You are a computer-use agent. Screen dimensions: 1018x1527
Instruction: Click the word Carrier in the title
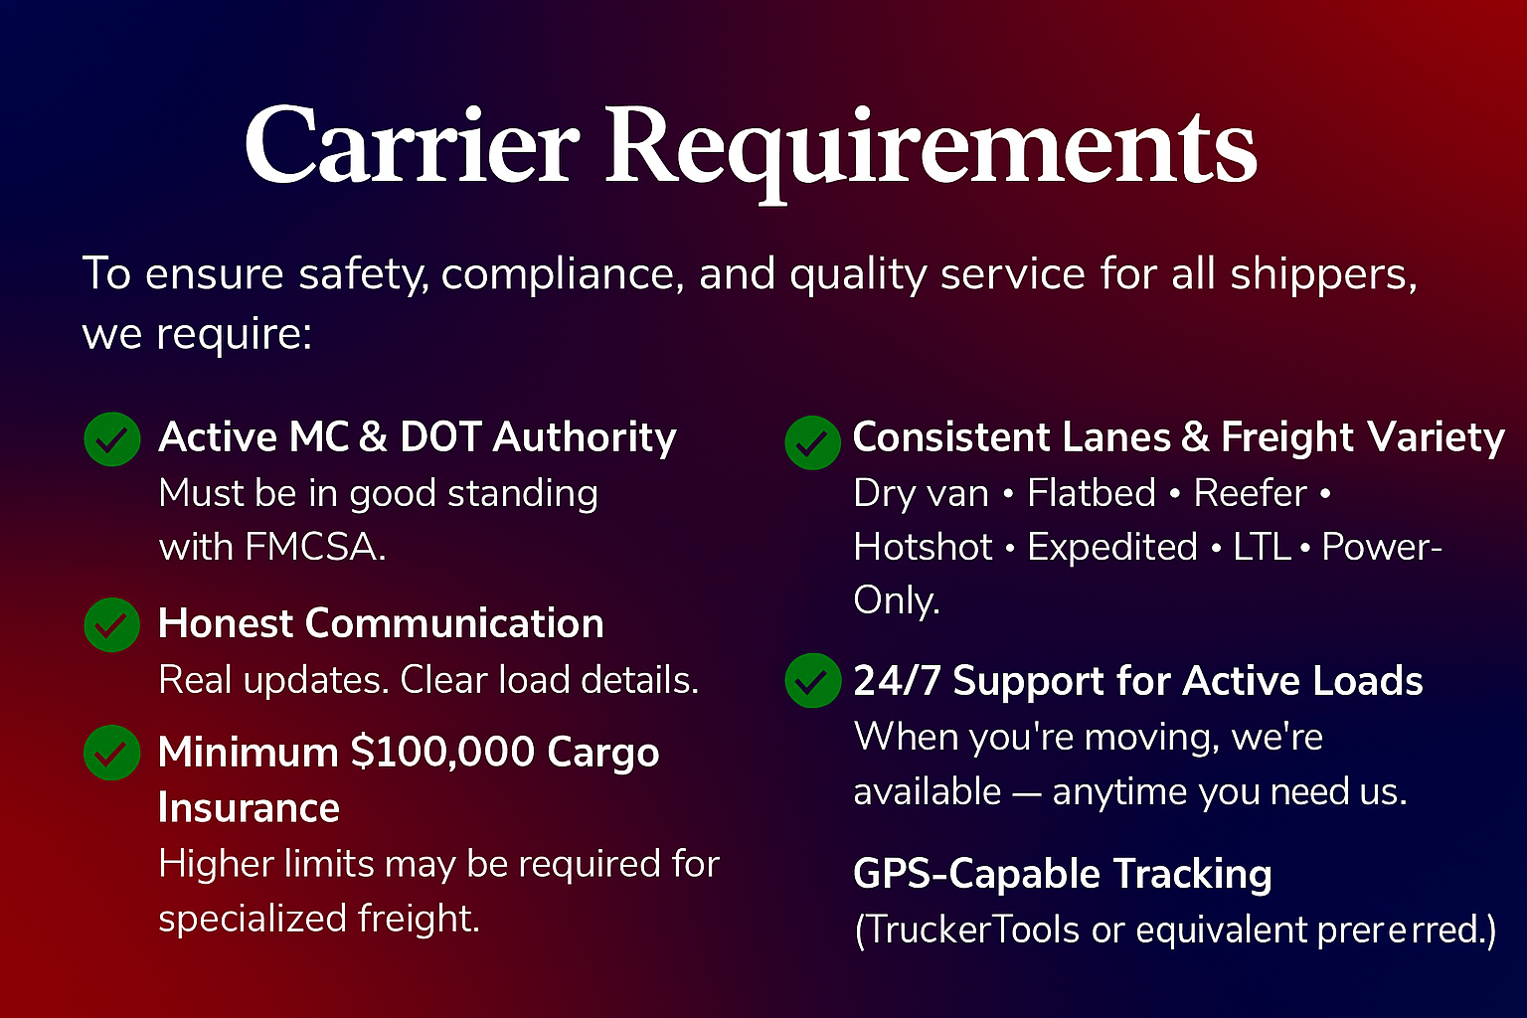(411, 146)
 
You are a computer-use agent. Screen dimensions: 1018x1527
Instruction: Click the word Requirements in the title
(931, 149)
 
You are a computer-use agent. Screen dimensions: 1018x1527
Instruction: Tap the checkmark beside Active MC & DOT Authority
(112, 439)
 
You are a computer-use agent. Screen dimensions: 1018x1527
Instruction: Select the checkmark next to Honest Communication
(112, 625)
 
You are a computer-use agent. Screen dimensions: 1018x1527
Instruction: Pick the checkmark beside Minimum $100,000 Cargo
(112, 753)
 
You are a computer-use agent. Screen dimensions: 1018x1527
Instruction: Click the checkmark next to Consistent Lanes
(812, 442)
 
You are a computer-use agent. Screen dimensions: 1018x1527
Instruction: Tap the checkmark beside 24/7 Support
(812, 681)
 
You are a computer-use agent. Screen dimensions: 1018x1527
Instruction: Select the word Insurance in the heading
(249, 807)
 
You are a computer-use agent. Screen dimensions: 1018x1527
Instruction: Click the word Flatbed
(1091, 493)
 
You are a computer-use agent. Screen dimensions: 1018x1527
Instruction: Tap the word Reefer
(1250, 493)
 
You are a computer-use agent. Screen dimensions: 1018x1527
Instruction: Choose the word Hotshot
(923, 547)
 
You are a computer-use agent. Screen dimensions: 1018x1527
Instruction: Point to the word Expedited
(1111, 547)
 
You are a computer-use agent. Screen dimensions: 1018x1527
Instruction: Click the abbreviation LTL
(1261, 547)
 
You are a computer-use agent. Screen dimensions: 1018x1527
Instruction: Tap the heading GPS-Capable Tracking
(1062, 874)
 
